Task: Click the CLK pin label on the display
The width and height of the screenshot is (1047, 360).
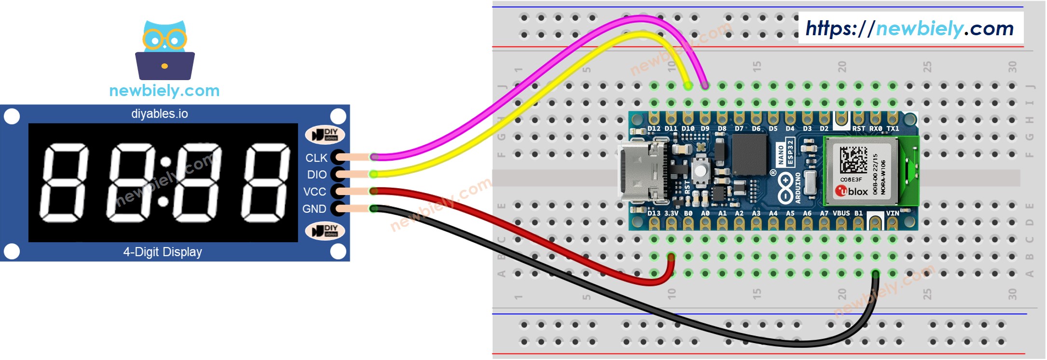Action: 316,158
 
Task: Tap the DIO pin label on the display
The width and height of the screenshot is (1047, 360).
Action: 317,175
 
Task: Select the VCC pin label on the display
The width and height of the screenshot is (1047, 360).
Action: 315,192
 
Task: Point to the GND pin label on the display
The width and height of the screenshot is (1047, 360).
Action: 314,209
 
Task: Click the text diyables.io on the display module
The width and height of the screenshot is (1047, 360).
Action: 159,114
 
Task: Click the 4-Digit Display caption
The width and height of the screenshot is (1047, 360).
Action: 163,252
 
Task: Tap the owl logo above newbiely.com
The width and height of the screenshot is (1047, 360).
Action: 165,50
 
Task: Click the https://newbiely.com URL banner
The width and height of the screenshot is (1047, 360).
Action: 910,28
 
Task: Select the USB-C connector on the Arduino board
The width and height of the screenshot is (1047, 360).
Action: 644,172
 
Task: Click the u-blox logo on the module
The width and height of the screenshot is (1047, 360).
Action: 852,191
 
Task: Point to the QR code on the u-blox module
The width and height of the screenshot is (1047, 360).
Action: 853,160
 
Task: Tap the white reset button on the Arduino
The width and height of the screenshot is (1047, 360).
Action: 700,170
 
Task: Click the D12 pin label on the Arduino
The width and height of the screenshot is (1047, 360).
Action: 654,129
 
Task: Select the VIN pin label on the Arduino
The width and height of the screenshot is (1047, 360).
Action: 892,213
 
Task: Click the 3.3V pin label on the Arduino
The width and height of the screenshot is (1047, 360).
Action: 671,213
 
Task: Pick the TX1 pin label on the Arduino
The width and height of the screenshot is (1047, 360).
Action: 893,129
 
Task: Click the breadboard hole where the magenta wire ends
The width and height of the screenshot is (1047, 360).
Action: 705,86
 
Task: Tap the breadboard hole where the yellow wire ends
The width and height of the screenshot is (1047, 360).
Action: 688,86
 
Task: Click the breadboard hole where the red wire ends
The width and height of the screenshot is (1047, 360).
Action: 671,257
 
